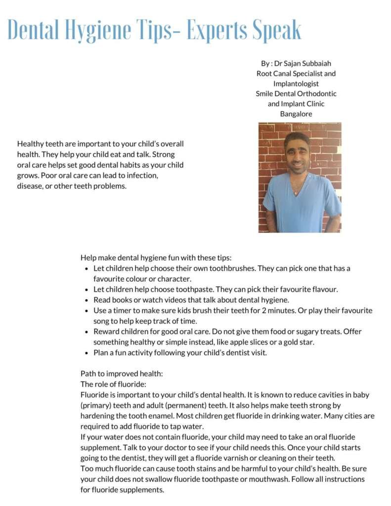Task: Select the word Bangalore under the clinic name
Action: (x=296, y=114)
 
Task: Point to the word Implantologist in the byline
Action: (x=296, y=84)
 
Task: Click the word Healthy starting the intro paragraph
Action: (x=31, y=144)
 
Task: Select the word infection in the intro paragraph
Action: (x=141, y=175)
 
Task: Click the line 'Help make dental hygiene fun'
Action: (x=156, y=258)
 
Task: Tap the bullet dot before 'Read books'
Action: (x=87, y=300)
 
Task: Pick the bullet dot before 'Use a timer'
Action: (x=87, y=311)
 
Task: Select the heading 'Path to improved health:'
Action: (x=122, y=374)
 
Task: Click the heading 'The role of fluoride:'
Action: (x=114, y=384)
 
